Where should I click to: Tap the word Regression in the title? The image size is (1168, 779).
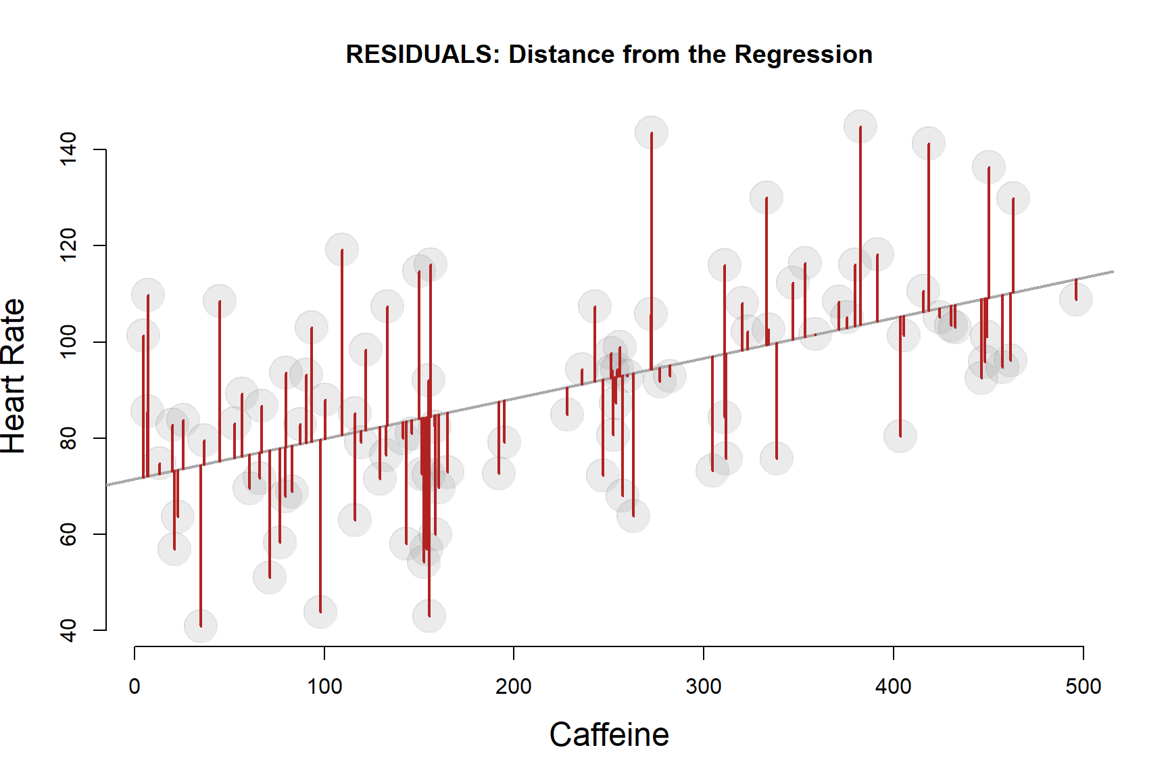804,54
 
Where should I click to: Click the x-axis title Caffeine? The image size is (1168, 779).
609,735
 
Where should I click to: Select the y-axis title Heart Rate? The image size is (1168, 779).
14,376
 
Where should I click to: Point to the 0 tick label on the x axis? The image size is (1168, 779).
135,686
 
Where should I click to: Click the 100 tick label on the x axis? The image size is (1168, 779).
324,686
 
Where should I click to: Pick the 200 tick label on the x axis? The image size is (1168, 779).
514,686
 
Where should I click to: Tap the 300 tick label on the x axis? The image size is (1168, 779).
704,686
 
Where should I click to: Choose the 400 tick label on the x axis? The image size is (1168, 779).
894,686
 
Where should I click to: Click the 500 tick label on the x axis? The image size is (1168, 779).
1084,686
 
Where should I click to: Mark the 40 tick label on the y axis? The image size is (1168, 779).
68,630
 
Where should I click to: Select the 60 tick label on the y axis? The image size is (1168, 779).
68,534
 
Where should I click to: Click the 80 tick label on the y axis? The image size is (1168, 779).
68,438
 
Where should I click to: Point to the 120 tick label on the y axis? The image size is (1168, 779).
68,245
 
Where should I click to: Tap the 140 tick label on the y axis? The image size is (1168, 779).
68,149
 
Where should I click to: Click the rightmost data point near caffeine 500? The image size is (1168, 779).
1075,299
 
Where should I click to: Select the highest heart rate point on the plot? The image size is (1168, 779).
860,127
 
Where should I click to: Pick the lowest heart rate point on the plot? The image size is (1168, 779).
201,626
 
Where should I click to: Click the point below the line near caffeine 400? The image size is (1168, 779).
900,435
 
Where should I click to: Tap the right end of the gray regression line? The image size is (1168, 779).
1112,272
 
